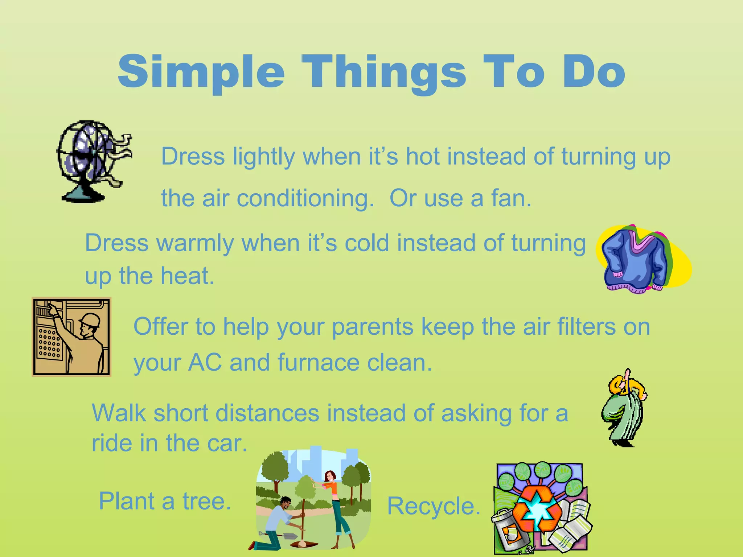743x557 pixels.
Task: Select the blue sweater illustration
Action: coord(635,259)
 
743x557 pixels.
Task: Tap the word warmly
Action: coord(195,243)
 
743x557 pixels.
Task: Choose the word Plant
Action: coord(127,501)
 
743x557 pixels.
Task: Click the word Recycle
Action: coord(434,506)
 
